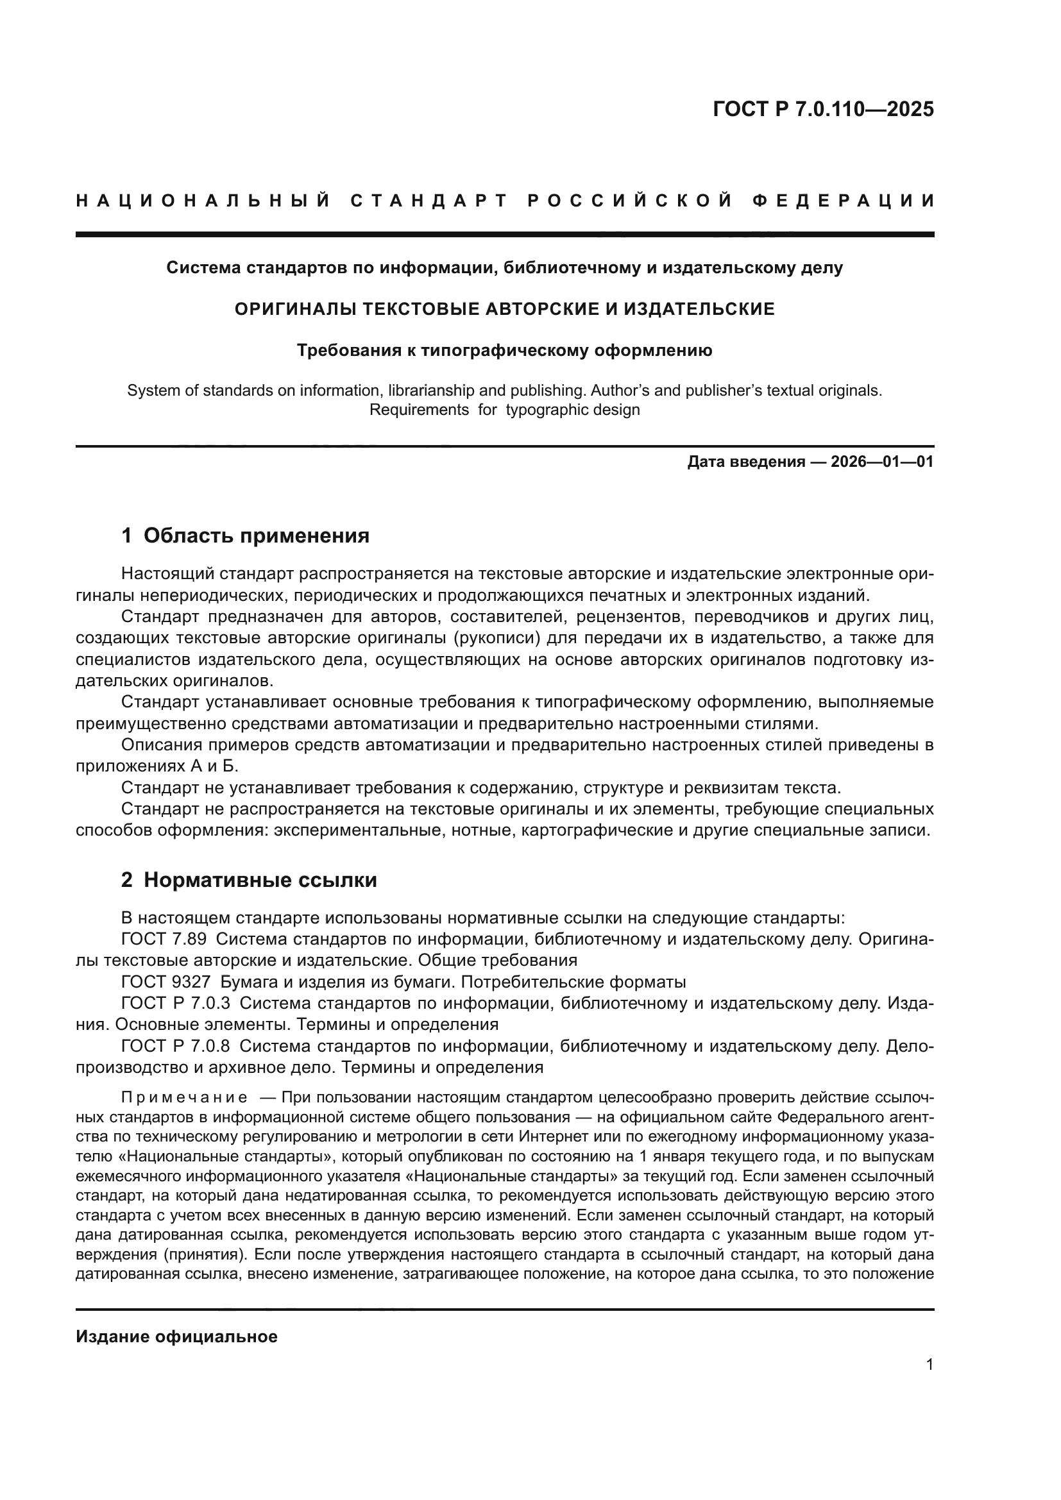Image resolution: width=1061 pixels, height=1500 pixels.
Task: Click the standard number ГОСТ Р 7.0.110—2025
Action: [822, 109]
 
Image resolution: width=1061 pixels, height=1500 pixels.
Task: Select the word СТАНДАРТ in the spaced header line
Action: [429, 201]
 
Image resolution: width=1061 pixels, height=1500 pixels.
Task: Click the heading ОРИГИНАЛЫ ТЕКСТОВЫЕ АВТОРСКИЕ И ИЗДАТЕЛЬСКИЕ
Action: [504, 308]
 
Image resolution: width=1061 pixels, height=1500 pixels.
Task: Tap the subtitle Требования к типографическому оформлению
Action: [504, 351]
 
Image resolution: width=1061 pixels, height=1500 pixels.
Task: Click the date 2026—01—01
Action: [881, 462]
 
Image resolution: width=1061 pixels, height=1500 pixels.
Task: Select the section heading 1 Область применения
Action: [245, 535]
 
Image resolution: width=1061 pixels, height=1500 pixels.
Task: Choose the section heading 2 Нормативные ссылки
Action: [249, 880]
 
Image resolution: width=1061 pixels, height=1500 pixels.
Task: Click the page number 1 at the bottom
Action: [929, 1365]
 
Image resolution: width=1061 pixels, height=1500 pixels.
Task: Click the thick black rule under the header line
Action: [504, 234]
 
